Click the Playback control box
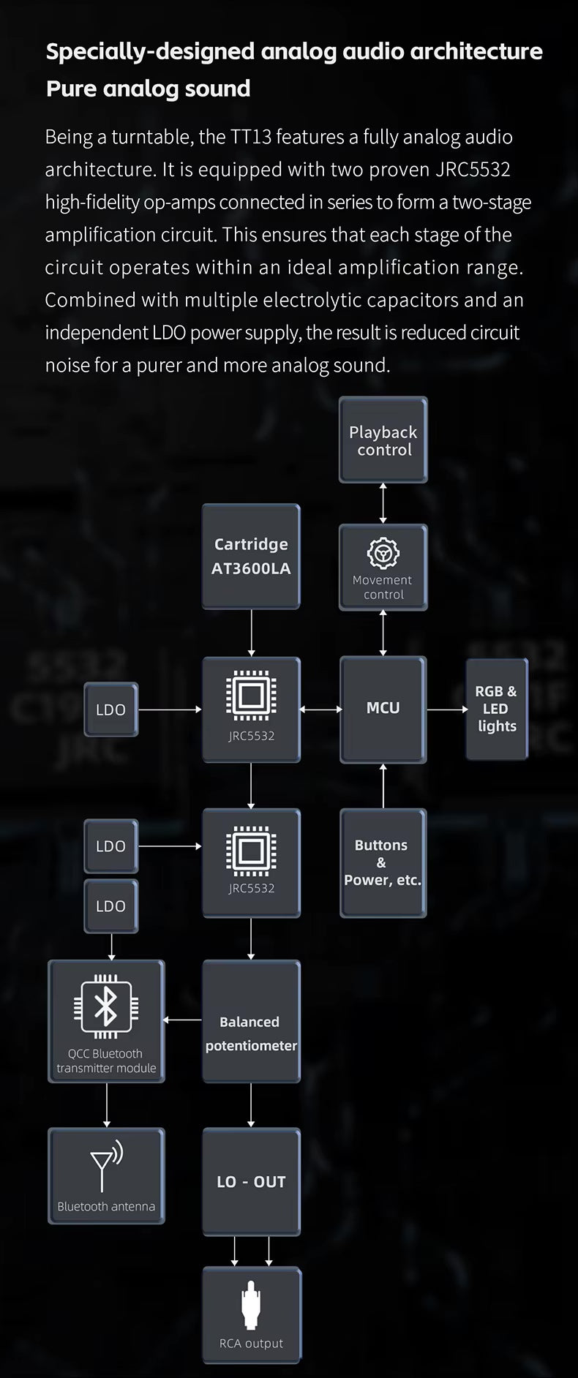click(383, 440)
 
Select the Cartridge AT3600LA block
click(251, 556)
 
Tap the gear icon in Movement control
click(383, 553)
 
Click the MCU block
click(383, 708)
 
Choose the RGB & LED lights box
click(497, 708)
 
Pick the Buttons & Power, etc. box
click(383, 862)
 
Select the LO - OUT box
click(251, 1181)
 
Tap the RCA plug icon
click(251, 1306)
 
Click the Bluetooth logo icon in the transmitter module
click(106, 1006)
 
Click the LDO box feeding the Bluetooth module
click(111, 906)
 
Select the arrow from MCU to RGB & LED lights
click(446, 709)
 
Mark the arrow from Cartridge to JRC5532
click(251, 633)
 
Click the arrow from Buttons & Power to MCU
click(383, 786)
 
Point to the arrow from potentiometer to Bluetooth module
click(183, 1020)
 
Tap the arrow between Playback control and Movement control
click(383, 502)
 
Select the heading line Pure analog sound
click(149, 89)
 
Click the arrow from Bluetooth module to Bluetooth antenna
click(107, 1104)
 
